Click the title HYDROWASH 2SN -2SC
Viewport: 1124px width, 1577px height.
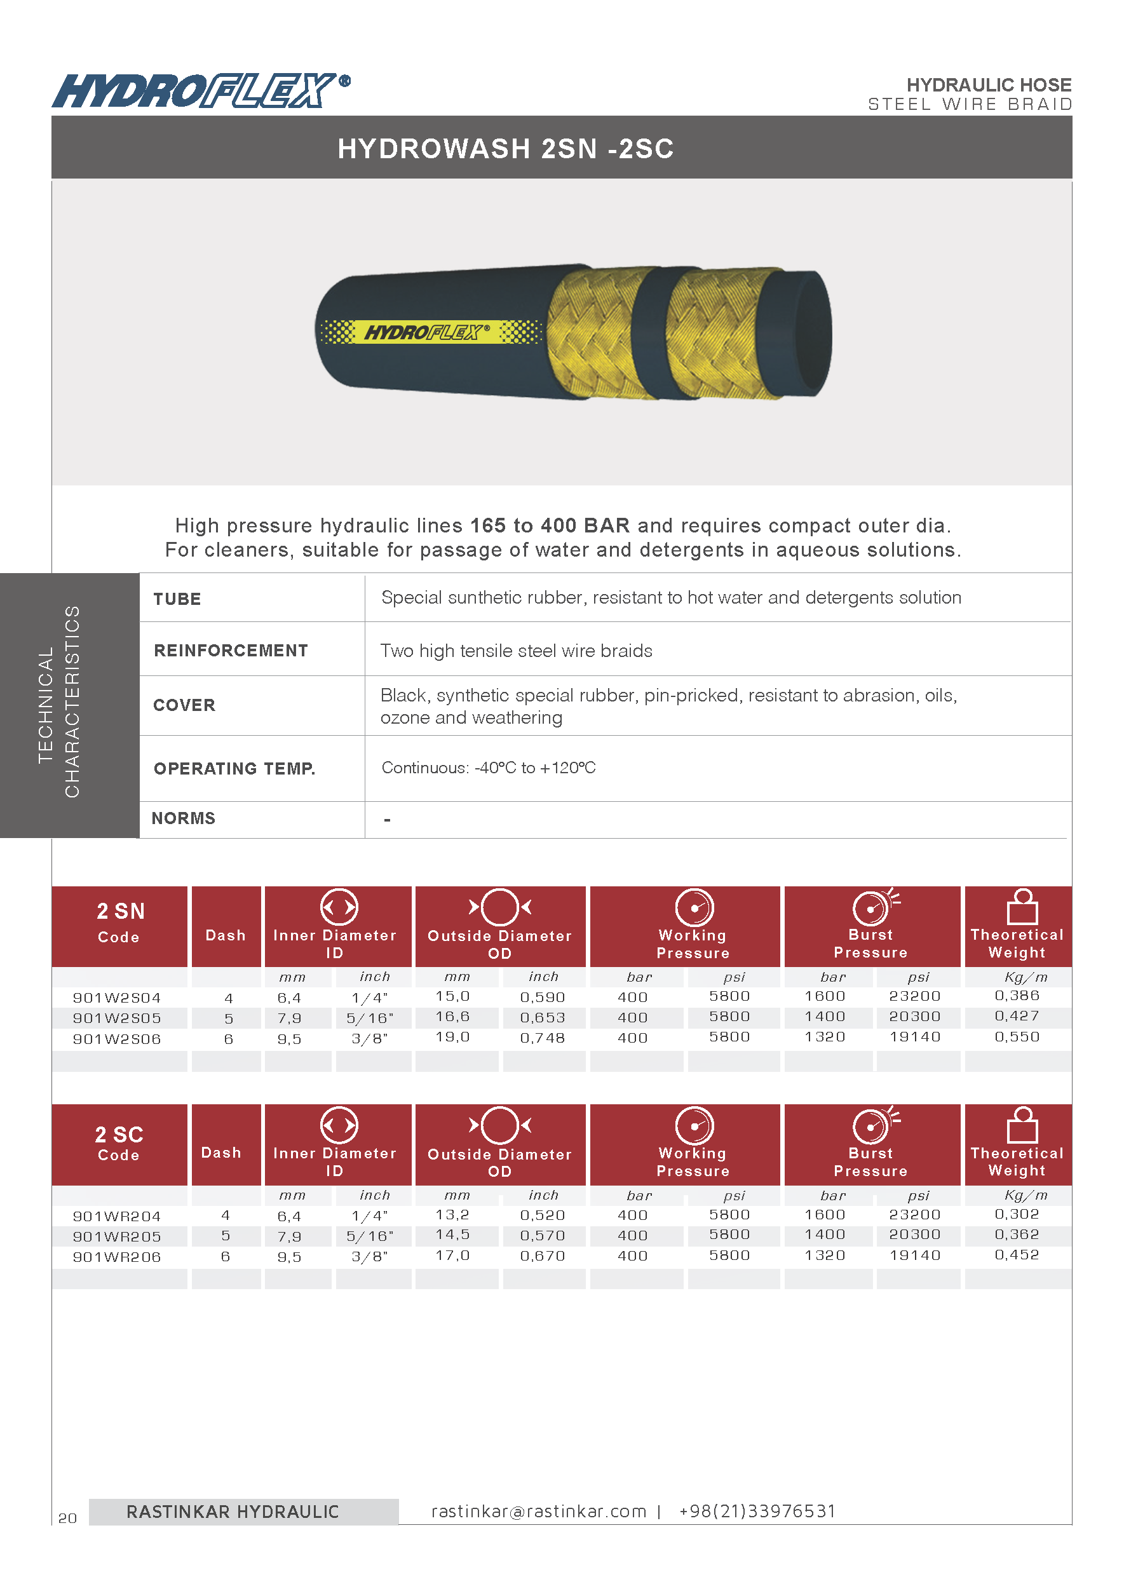[x=505, y=149]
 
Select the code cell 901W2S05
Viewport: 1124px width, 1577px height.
[x=117, y=1019]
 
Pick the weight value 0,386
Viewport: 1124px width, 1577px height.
[x=1017, y=996]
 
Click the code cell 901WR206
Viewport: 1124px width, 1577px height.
[x=117, y=1257]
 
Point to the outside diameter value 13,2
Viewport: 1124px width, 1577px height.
[x=452, y=1215]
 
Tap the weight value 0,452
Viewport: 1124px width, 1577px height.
[x=1017, y=1256]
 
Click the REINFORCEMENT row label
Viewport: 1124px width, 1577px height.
[x=231, y=651]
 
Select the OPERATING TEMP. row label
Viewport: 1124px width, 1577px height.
[x=234, y=769]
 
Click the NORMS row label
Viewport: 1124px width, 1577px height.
[x=184, y=818]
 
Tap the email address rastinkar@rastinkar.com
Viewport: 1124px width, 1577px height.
[x=538, y=1512]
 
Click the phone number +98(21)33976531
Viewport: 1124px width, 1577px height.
[x=757, y=1512]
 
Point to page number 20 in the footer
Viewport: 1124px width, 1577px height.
[x=67, y=1518]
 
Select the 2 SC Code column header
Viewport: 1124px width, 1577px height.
[x=119, y=1143]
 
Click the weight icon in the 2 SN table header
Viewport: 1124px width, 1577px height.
[x=1022, y=907]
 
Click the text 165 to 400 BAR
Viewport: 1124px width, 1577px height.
[x=550, y=526]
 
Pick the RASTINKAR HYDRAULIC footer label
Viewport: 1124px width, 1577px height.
[x=233, y=1512]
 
